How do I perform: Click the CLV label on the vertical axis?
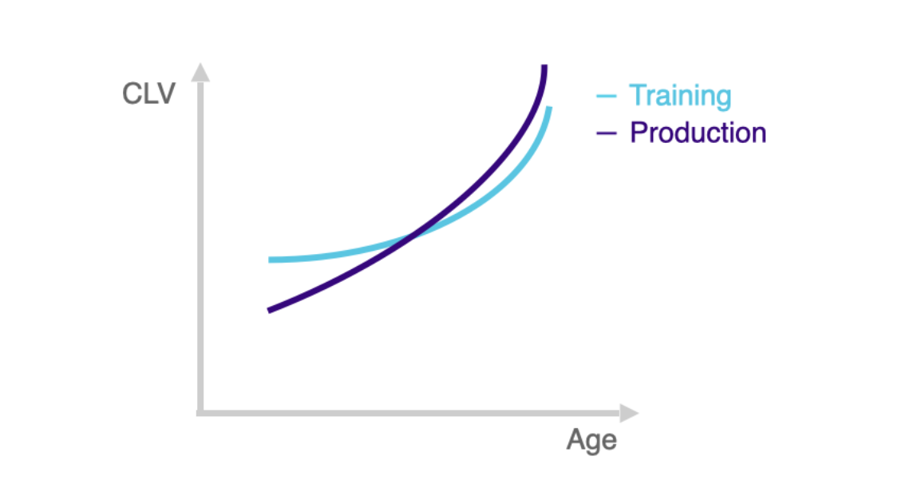[x=148, y=93]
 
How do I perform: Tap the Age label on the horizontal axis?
[x=591, y=440]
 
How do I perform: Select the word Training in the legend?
[x=680, y=96]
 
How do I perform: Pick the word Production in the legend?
[x=698, y=133]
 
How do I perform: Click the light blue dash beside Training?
[x=607, y=96]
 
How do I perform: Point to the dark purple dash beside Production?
[x=607, y=133]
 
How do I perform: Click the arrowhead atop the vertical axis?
[x=200, y=72]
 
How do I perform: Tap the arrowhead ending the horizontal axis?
[x=630, y=413]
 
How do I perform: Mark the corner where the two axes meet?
[x=200, y=412]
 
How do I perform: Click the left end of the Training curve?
[x=269, y=260]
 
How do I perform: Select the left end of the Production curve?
[x=268, y=311]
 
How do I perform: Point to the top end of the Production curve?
[x=544, y=65]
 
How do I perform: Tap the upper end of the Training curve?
[x=550, y=107]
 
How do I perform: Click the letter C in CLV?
[x=133, y=93]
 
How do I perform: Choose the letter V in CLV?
[x=165, y=93]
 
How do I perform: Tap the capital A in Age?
[x=576, y=439]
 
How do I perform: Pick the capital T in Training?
[x=638, y=94]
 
